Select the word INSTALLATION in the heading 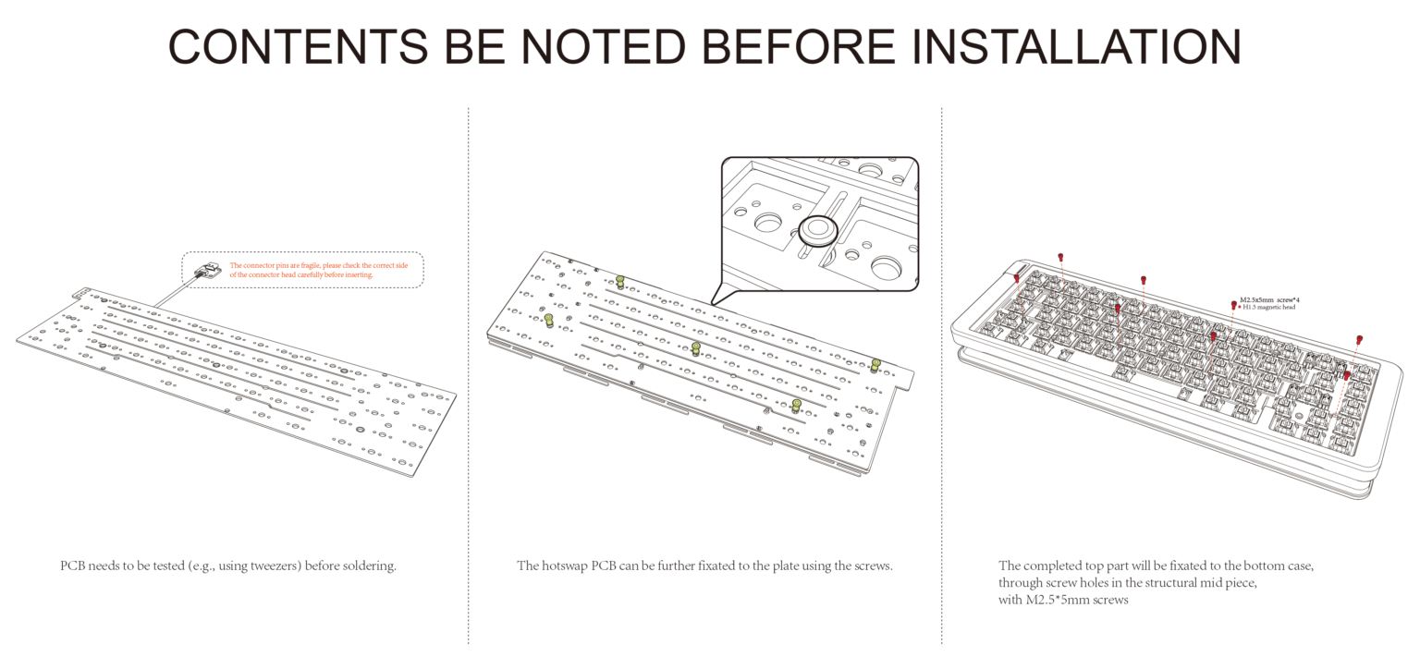1077,46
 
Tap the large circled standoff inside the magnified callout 817,230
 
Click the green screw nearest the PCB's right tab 875,364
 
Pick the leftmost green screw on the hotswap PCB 549,320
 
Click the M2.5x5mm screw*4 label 1269,300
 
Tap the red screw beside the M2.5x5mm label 1233,304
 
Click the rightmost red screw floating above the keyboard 1359,340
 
